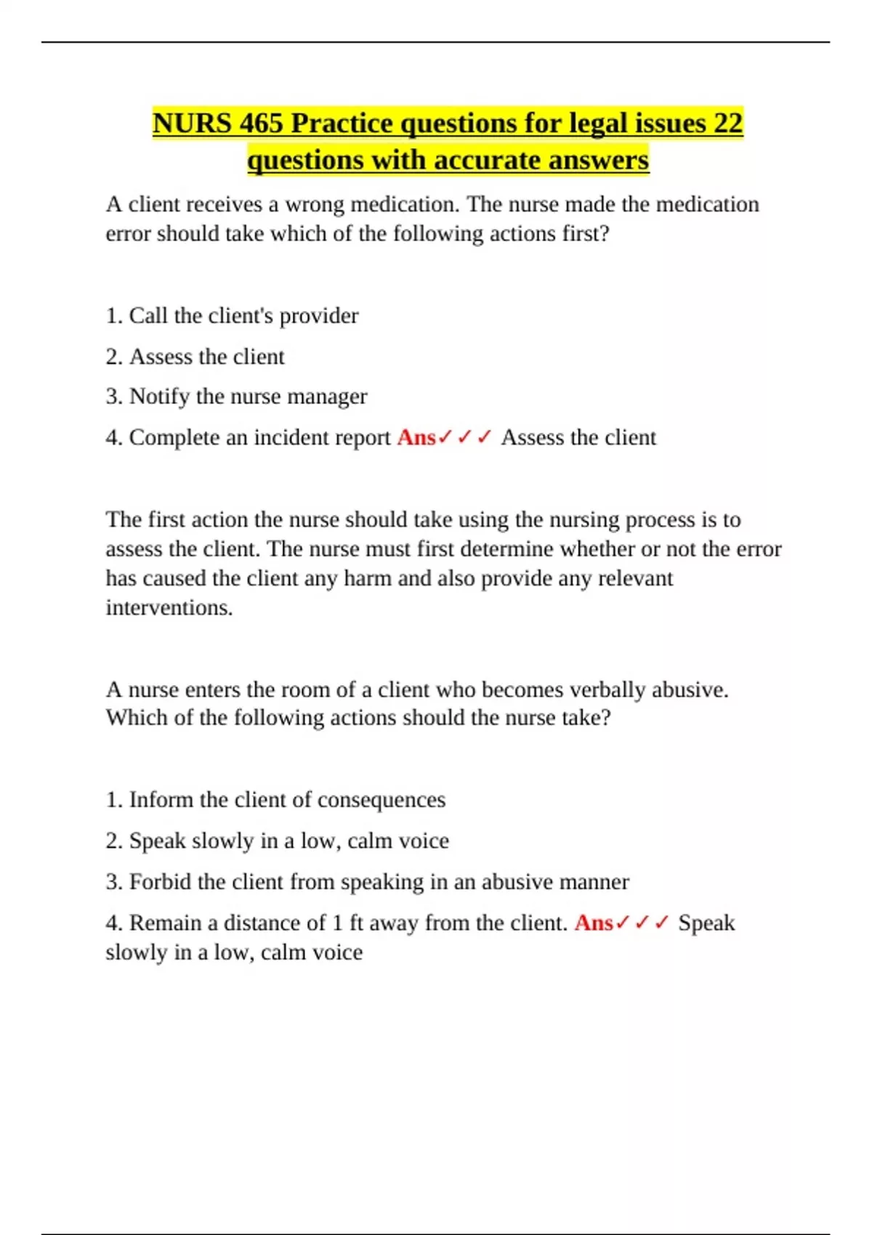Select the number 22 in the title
[727, 123]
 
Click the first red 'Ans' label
[416, 437]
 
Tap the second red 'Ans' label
[593, 923]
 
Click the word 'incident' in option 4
[291, 437]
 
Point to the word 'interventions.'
[169, 607]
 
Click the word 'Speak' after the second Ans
[706, 923]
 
